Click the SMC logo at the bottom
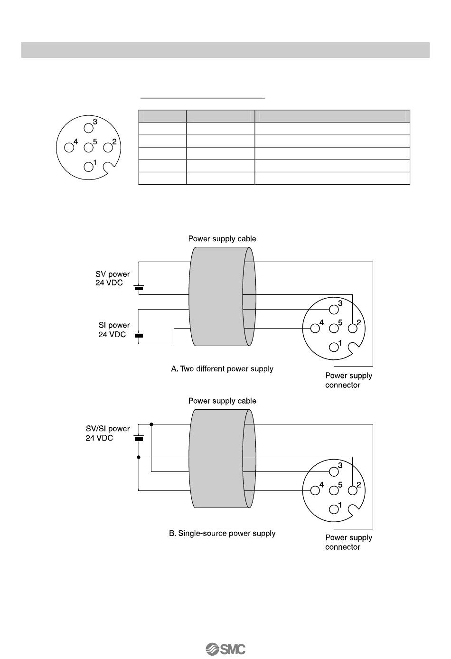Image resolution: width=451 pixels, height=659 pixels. pyautogui.click(x=225, y=649)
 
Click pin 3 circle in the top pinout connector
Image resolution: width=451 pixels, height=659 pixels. pyautogui.click(x=88, y=128)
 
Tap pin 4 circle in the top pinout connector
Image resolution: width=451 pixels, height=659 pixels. pyautogui.click(x=69, y=147)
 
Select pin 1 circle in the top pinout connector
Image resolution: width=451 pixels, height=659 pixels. pyautogui.click(x=88, y=166)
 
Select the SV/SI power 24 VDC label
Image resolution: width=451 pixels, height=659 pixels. pyautogui.click(x=107, y=433)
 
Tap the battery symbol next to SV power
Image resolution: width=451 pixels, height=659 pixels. pyautogui.click(x=139, y=288)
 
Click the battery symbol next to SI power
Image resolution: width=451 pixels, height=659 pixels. pyautogui.click(x=139, y=336)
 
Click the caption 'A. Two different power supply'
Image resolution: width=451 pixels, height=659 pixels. pyautogui.click(x=222, y=368)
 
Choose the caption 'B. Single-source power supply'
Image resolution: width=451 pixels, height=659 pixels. pyautogui.click(x=222, y=533)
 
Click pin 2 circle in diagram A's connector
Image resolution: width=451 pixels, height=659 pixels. pyautogui.click(x=353, y=328)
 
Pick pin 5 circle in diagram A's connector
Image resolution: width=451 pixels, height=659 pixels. pyautogui.click(x=334, y=328)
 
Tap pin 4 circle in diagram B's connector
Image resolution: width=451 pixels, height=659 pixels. pyautogui.click(x=314, y=490)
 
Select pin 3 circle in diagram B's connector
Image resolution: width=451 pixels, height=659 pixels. pyautogui.click(x=334, y=471)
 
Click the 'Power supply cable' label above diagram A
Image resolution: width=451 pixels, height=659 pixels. pyautogui.click(x=222, y=238)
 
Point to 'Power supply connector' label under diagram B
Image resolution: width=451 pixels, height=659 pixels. pyautogui.click(x=348, y=542)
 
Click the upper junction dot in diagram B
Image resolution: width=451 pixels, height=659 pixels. pyautogui.click(x=151, y=424)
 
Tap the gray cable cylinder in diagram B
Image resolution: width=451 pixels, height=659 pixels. pyautogui.click(x=218, y=465)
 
